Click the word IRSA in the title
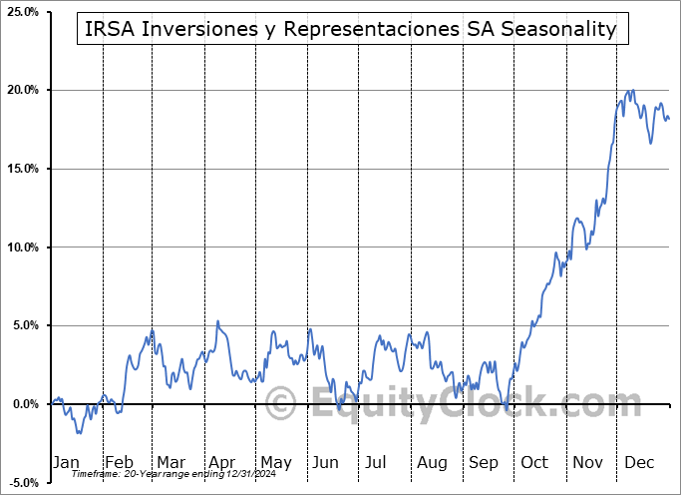tap(108, 30)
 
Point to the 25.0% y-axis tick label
tap(21, 11)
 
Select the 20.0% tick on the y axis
tap(21, 90)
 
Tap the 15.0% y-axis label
tap(21, 169)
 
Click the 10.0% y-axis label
tap(21, 247)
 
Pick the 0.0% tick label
tap(24, 404)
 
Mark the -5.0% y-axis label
tap(21, 483)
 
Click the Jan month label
tap(65, 462)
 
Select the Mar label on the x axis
tap(170, 462)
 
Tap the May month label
tap(275, 462)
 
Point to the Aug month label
tap(432, 462)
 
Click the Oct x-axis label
tap(534, 462)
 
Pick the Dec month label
tap(639, 462)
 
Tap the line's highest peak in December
tap(631, 90)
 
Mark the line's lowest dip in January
tap(78, 433)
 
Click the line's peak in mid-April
tap(218, 321)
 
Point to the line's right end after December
tap(669, 120)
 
